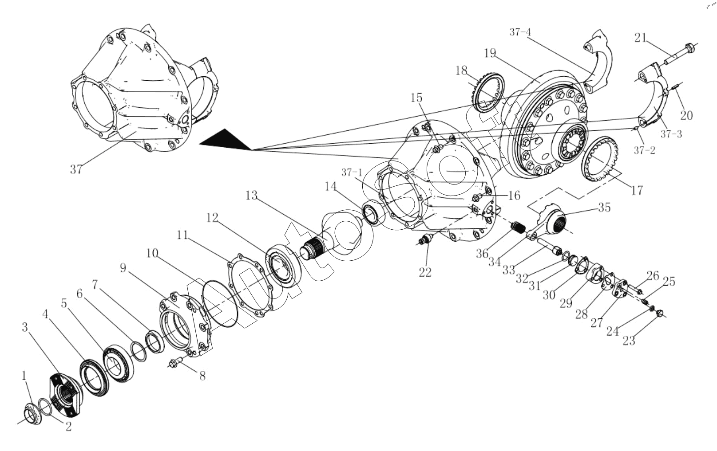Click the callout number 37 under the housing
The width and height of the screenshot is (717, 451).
point(76,169)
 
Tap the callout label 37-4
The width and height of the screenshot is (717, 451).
point(520,32)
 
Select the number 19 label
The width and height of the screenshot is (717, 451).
point(490,54)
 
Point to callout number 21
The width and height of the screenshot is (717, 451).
point(640,38)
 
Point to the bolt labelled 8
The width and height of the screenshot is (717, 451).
point(174,362)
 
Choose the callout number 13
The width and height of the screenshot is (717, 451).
point(251,195)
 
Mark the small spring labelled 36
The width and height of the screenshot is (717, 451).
point(517,229)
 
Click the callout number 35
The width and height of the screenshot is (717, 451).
point(604,207)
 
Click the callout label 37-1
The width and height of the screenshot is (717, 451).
point(352,173)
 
